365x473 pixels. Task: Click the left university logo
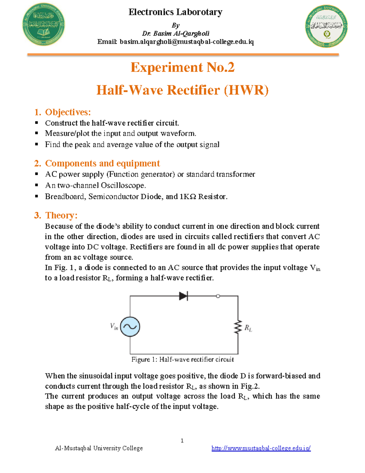pos(43,25)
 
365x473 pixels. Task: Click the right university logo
pos(326,26)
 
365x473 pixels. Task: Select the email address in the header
pos(186,42)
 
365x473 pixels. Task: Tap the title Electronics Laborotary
pos(176,12)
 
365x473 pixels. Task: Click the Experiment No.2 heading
pos(182,67)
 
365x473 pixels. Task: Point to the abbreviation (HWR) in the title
pos(246,90)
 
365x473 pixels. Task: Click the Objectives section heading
pos(68,112)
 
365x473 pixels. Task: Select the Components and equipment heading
pos(102,163)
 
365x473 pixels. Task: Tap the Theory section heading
pos(61,215)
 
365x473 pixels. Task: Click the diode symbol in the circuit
pos(183,296)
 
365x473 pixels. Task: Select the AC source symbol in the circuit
pos(130,327)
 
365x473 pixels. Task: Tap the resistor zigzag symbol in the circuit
pos(238,327)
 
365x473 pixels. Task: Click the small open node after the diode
pos(218,296)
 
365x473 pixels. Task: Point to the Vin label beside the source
pos(114,327)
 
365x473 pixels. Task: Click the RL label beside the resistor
pos(248,328)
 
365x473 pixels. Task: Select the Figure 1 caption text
pos(182,359)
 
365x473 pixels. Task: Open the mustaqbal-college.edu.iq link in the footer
pos(261,448)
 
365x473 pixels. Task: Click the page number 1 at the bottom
pos(182,440)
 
